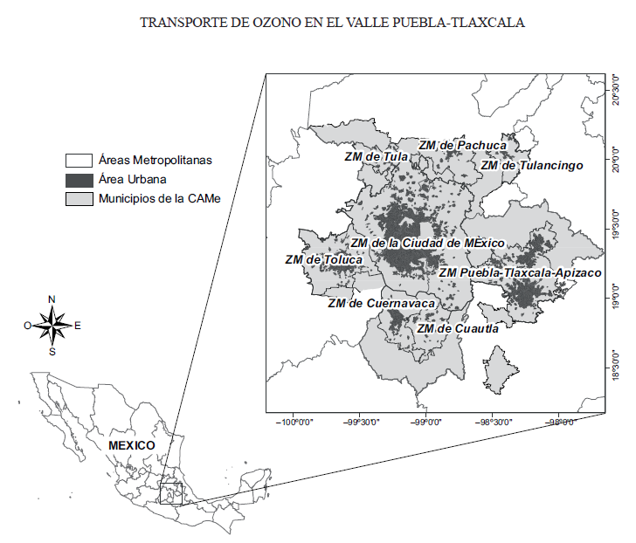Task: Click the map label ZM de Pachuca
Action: pyautogui.click(x=462, y=145)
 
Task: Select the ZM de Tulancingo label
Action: pyautogui.click(x=531, y=164)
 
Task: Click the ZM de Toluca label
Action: pyautogui.click(x=322, y=259)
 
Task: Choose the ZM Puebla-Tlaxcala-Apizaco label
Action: pyautogui.click(x=520, y=272)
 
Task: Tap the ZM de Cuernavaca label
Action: pyautogui.click(x=381, y=303)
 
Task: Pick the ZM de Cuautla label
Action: pyautogui.click(x=458, y=328)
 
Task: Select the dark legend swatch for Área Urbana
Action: pyautogui.click(x=79, y=180)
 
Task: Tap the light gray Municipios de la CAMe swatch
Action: pyautogui.click(x=79, y=198)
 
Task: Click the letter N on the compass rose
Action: pyautogui.click(x=52, y=299)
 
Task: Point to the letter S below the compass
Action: pyautogui.click(x=52, y=352)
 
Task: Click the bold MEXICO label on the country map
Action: pyautogui.click(x=131, y=445)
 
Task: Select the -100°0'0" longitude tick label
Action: pyautogui.click(x=295, y=422)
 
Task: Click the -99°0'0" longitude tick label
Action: pyautogui.click(x=426, y=422)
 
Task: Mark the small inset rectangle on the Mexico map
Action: pyautogui.click(x=170, y=493)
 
